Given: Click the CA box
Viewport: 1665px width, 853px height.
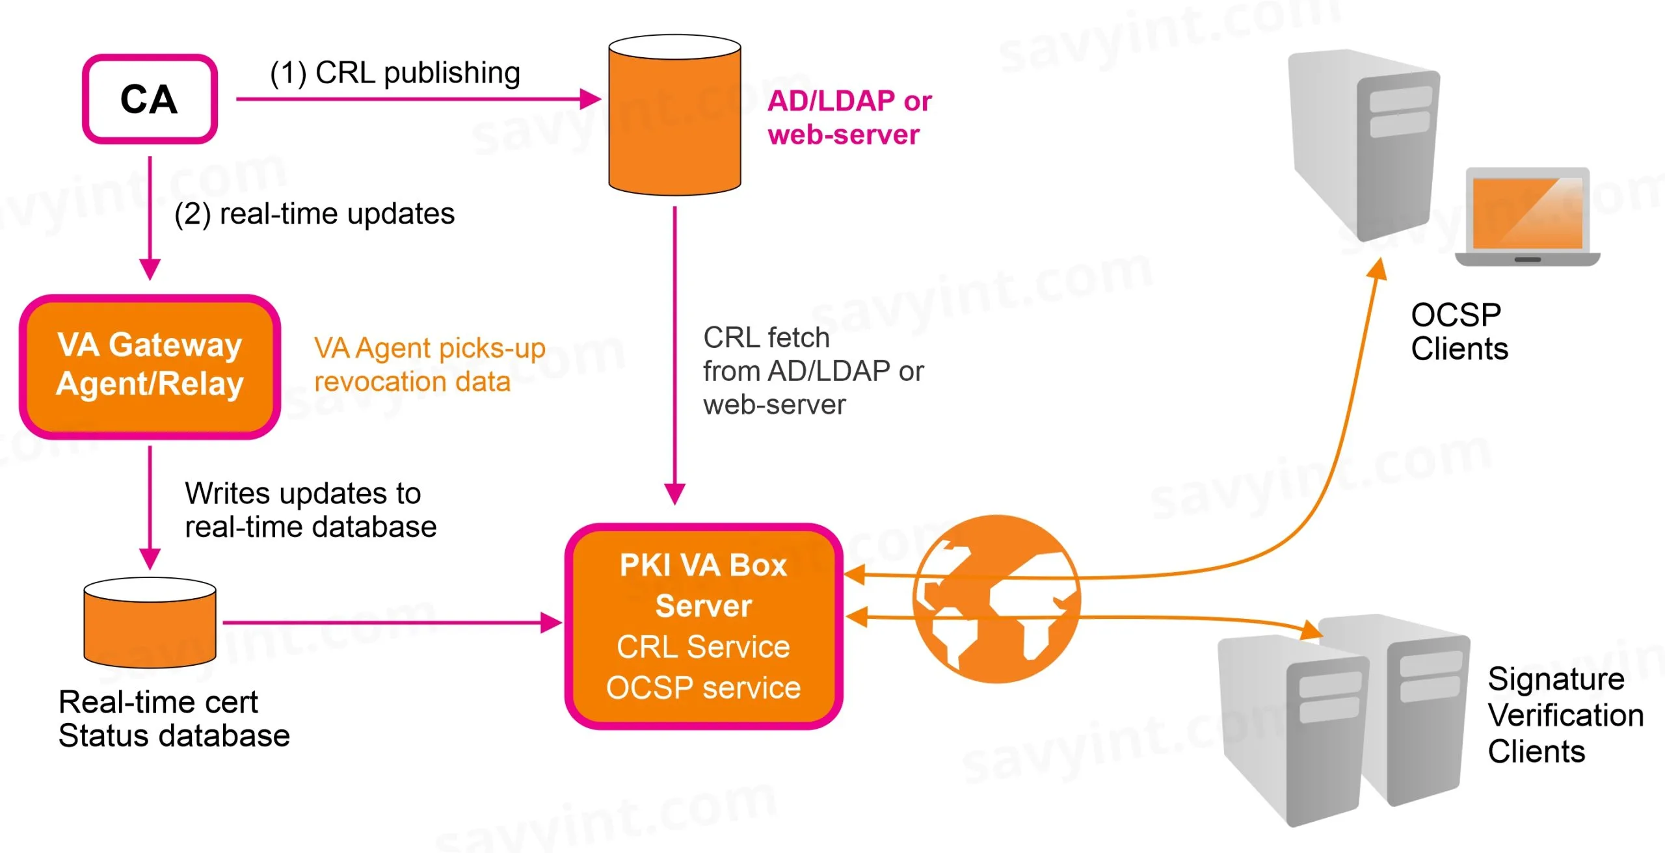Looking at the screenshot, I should [150, 99].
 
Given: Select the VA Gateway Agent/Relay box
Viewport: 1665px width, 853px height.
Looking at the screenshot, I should [150, 366].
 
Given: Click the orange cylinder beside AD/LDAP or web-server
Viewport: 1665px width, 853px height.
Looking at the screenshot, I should [674, 116].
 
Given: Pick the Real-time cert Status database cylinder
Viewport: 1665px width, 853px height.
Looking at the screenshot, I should [150, 623].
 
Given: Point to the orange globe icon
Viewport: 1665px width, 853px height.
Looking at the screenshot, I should [996, 599].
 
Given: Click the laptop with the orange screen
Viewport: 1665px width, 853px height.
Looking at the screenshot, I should [1527, 217].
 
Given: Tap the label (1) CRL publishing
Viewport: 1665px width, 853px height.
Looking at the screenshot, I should [395, 73].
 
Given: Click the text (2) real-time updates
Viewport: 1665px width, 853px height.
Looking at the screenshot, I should [315, 214].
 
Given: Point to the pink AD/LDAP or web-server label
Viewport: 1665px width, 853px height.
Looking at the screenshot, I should [849, 118].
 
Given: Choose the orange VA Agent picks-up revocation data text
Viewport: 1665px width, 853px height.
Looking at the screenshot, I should [429, 365].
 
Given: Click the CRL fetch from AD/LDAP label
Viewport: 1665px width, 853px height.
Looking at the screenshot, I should [813, 371].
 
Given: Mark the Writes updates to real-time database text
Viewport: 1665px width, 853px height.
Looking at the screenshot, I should [310, 510].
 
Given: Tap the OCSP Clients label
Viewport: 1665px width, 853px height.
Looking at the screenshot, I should [1459, 332].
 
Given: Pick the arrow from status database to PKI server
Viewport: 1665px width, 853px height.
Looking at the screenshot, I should [390, 622].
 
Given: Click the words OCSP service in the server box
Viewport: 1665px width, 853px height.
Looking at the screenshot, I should [704, 687].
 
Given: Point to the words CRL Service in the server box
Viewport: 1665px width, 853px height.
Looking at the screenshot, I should [704, 646].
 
